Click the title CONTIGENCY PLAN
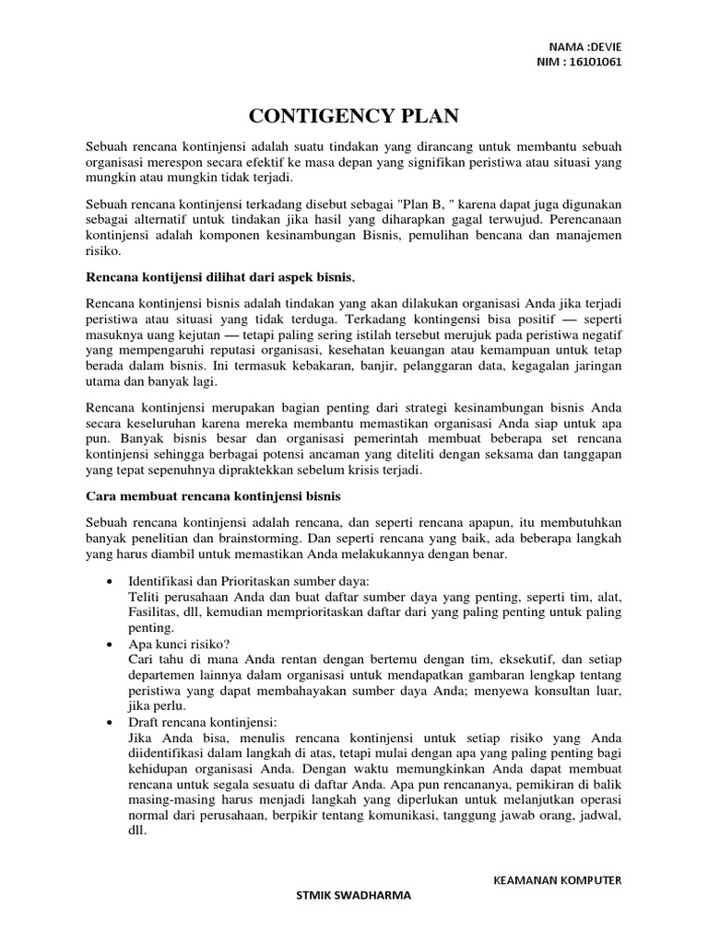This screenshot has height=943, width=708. point(353,116)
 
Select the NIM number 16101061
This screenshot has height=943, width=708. point(596,62)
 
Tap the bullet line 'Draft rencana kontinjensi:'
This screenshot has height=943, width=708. point(203,723)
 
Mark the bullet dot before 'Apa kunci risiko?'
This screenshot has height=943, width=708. point(111,646)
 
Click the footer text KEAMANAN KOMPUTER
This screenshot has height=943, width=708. point(559,880)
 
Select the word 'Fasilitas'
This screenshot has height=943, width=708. point(156,612)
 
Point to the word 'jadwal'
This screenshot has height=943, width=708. point(599,816)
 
